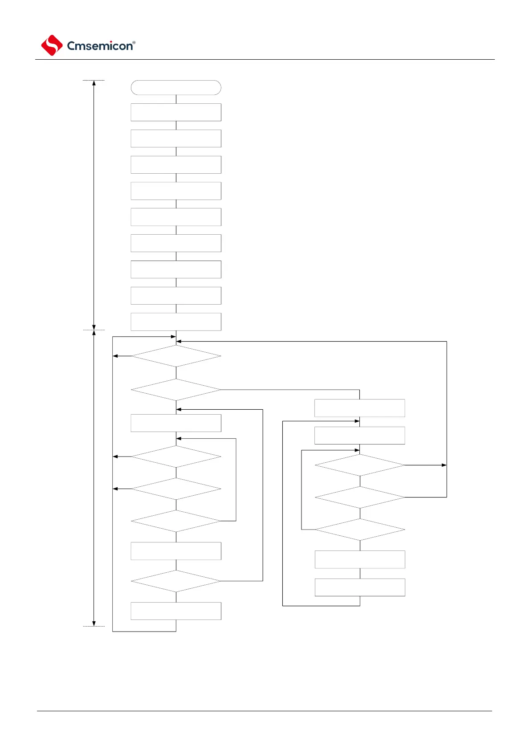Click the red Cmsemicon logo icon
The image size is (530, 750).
pos(52,45)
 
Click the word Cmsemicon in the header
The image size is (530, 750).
pos(100,46)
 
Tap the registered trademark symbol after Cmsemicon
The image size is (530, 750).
pos(134,43)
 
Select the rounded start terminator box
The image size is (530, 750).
pos(176,88)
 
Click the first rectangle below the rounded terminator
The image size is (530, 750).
pos(176,112)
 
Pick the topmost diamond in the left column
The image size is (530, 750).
pos(176,356)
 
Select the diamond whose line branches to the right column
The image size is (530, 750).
pos(176,390)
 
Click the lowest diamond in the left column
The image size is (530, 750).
pos(176,581)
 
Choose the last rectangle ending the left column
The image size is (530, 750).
pos(176,611)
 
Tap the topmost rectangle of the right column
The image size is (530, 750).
pos(360,408)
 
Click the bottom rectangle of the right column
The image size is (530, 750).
pos(360,587)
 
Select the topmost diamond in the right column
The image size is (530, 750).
pos(360,465)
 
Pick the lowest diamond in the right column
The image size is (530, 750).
pos(360,530)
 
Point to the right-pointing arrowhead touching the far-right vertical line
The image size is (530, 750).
pos(444,465)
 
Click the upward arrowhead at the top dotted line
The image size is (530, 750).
pos(94,83)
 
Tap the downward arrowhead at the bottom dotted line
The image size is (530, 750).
pos(94,624)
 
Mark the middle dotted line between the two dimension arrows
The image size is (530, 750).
pos(94,330)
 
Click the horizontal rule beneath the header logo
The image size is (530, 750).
pos(265,59)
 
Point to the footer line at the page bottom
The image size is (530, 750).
pos(265,711)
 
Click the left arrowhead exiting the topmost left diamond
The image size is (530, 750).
pos(115,356)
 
